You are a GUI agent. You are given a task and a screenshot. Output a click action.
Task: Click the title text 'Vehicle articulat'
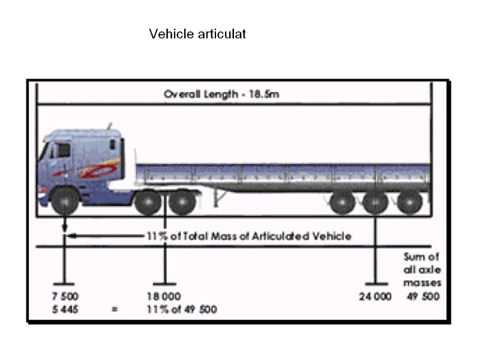[x=197, y=34]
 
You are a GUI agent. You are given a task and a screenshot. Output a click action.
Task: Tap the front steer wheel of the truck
[x=65, y=201]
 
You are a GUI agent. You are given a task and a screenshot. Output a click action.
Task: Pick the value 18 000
[x=164, y=296]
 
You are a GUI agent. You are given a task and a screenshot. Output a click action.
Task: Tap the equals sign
[x=115, y=310]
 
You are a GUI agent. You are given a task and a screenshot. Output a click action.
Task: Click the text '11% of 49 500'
[x=182, y=310]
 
